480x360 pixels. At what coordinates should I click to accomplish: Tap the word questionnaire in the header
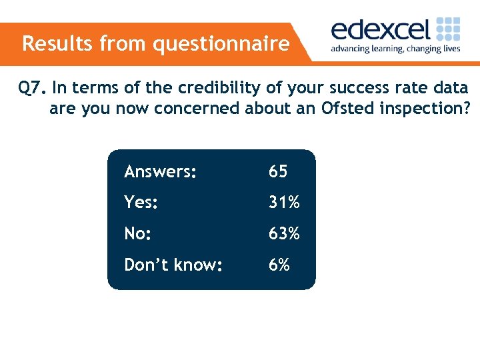(221, 45)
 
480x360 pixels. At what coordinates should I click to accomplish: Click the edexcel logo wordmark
(381, 31)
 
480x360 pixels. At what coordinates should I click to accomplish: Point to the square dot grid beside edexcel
(448, 30)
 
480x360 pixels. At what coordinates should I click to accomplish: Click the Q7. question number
(32, 87)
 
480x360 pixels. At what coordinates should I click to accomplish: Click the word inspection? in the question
(422, 108)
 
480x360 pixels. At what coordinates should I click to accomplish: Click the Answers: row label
(160, 172)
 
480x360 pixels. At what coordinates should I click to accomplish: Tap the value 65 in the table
(278, 172)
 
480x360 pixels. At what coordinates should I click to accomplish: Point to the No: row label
(138, 234)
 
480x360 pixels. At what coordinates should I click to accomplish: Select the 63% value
(284, 234)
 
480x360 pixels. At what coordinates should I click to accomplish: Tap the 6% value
(279, 265)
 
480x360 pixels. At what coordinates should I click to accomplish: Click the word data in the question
(451, 87)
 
